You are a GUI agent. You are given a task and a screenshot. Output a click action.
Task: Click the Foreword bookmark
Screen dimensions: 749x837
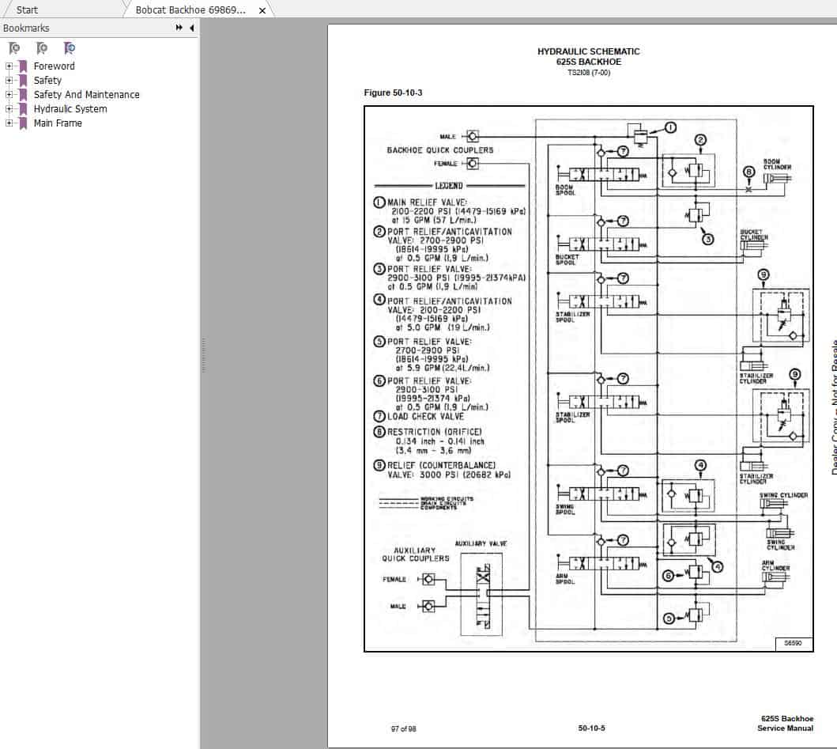tap(54, 66)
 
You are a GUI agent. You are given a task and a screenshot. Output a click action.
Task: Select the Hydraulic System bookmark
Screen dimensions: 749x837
tap(70, 109)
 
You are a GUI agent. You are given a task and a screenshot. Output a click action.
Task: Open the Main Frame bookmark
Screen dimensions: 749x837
tap(57, 123)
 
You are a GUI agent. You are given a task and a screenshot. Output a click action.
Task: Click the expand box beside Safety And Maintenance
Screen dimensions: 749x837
tap(9, 95)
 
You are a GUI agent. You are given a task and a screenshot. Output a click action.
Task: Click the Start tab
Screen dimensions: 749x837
tap(28, 10)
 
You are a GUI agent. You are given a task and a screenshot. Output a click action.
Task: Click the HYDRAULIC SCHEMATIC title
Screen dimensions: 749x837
tap(588, 51)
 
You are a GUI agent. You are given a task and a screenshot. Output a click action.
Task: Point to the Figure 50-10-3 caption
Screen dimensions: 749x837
tap(393, 93)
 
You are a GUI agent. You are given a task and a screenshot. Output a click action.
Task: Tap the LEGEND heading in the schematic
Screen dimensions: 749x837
tap(448, 186)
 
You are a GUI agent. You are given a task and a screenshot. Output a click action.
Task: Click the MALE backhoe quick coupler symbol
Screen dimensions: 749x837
tap(473, 136)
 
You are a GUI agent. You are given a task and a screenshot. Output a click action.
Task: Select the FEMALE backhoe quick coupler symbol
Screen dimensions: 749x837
tap(473, 164)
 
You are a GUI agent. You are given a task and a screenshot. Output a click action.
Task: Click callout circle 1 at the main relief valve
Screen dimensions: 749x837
tap(669, 127)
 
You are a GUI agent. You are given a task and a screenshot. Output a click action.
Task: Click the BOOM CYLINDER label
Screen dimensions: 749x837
tap(777, 165)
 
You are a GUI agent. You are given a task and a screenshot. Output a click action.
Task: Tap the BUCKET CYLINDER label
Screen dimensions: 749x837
tap(753, 235)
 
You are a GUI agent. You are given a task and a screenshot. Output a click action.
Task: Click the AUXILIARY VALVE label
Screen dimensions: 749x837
tap(481, 544)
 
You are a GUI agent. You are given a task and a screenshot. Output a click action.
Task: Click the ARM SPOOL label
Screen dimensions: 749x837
tap(564, 579)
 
